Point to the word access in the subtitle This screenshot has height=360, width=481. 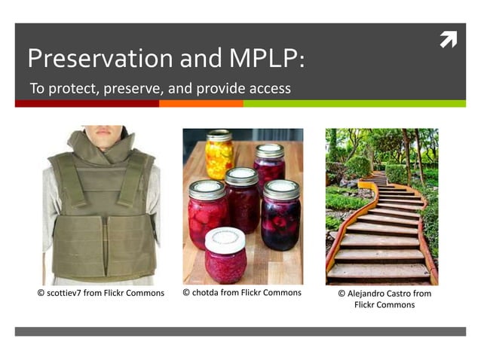point(268,90)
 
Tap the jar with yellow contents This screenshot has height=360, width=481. point(219,154)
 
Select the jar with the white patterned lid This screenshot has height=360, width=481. point(225,255)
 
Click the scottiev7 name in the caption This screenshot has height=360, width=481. point(63,293)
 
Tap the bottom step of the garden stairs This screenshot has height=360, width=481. point(378,272)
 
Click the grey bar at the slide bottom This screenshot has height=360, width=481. point(240,331)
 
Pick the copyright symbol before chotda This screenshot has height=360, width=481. point(187,292)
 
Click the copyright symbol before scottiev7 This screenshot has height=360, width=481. point(41,293)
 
